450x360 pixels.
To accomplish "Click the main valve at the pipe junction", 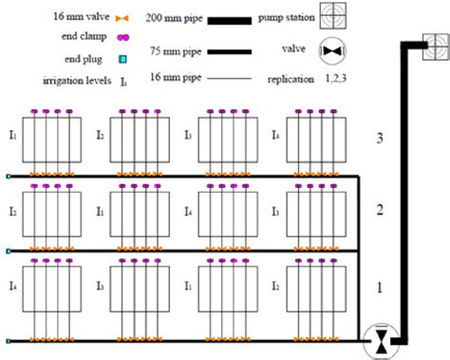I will pos(381,340).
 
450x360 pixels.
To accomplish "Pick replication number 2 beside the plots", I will pos(379,210).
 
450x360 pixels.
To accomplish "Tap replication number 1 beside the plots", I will pos(379,286).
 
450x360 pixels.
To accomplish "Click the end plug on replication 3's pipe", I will pos(9,178).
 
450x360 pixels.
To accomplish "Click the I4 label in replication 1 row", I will pos(11,285).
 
